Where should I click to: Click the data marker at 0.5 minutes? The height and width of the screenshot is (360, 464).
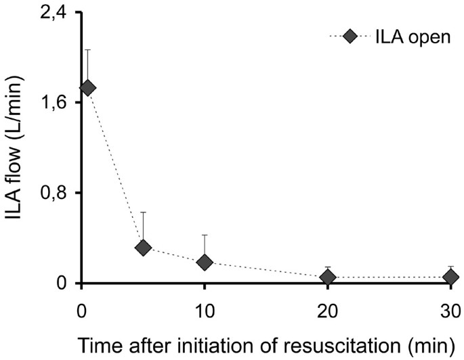pyautogui.click(x=87, y=88)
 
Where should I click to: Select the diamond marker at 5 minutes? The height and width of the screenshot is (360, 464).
pyautogui.click(x=143, y=248)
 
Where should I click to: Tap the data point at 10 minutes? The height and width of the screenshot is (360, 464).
pyautogui.click(x=205, y=262)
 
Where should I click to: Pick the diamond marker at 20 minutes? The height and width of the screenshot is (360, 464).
pyautogui.click(x=328, y=277)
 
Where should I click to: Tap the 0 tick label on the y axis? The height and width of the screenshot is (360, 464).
pyautogui.click(x=60, y=283)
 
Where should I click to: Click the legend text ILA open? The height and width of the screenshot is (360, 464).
pyautogui.click(x=413, y=38)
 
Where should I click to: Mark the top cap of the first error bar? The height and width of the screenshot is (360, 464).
pyautogui.click(x=87, y=49)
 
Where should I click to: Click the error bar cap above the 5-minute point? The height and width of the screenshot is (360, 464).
pyautogui.click(x=143, y=212)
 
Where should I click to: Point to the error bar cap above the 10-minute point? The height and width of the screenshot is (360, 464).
pyautogui.click(x=205, y=235)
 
